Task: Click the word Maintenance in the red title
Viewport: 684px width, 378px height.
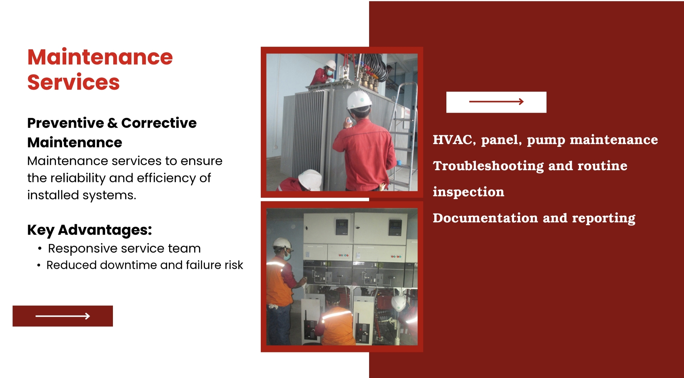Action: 100,57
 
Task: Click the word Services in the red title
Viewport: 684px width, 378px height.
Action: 73,82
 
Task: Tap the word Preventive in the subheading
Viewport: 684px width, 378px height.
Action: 66,123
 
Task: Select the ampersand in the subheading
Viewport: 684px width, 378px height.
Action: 113,123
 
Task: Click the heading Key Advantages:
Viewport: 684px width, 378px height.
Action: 89,230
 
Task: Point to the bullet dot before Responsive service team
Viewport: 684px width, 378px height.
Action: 40,249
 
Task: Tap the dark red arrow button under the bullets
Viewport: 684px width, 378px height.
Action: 63,316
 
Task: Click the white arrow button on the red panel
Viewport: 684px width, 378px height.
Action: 496,102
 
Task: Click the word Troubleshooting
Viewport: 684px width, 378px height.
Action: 488,166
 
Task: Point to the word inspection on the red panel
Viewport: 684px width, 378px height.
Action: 468,192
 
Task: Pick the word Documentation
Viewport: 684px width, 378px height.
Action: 485,218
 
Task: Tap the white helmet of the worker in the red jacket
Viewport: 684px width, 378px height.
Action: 359,100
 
